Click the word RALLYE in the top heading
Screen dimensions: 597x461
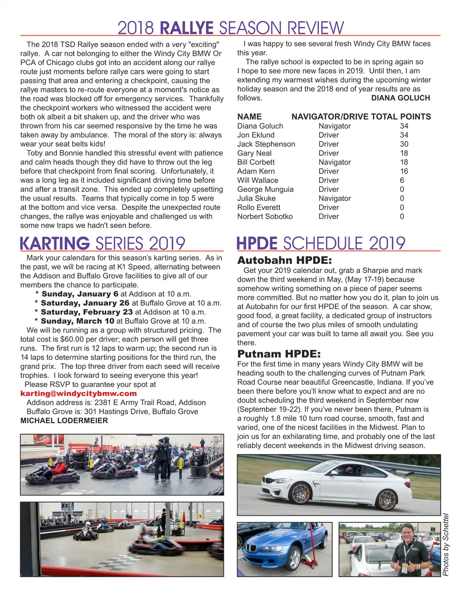(186, 28)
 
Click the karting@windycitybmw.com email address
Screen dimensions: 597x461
(78, 393)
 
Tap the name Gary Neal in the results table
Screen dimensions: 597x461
(254, 153)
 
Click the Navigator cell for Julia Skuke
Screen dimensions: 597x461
(335, 198)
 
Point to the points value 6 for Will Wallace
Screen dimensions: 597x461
(402, 180)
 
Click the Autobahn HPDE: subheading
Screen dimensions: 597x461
(284, 260)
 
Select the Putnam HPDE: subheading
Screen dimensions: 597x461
(279, 354)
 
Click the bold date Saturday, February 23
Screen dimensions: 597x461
(86, 312)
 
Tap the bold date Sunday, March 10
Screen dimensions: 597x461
(77, 321)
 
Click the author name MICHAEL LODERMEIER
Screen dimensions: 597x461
(64, 421)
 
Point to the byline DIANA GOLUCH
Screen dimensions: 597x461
(400, 98)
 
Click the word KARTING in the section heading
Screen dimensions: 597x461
(55, 244)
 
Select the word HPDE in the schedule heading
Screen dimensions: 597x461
(257, 244)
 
